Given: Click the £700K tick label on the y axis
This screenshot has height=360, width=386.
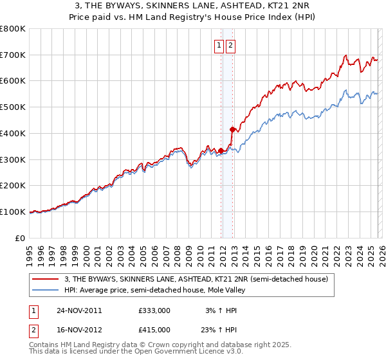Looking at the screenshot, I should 13,55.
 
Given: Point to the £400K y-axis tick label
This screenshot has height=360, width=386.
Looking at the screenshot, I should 13,134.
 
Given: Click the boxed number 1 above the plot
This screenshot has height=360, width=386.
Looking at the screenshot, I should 219,45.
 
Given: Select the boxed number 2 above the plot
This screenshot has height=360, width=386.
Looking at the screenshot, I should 230,45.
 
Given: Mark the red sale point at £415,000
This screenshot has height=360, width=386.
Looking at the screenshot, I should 232,129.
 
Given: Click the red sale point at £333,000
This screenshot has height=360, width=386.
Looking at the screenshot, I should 221,150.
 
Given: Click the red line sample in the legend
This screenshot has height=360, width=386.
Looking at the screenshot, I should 46,280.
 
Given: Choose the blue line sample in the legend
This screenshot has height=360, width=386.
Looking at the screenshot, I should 46,290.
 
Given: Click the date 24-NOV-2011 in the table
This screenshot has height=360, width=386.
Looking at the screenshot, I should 79,310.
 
